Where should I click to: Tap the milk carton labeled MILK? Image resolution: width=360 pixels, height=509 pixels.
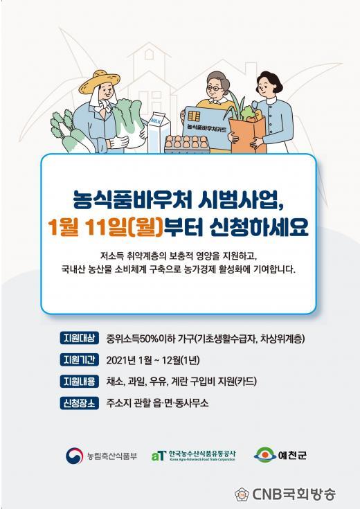click(x=159, y=132)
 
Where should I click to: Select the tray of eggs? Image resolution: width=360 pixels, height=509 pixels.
click(x=187, y=144)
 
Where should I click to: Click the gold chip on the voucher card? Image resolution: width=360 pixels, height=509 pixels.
click(x=194, y=116)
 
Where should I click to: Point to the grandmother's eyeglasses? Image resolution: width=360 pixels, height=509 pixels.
click(x=215, y=89)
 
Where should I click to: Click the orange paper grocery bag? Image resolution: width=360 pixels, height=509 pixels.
click(x=248, y=136)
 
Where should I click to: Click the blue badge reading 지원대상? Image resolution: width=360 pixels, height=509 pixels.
click(x=79, y=338)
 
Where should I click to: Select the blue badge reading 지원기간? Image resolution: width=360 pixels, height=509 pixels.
click(x=79, y=359)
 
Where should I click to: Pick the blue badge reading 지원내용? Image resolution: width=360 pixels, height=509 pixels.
click(x=79, y=381)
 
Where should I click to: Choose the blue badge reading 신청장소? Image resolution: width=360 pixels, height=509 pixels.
click(x=79, y=403)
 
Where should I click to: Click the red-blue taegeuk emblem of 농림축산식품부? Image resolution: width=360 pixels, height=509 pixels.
click(x=74, y=456)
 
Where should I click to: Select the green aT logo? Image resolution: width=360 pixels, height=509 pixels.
click(x=159, y=456)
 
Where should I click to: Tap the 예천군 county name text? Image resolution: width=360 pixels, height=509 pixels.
click(x=292, y=455)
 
